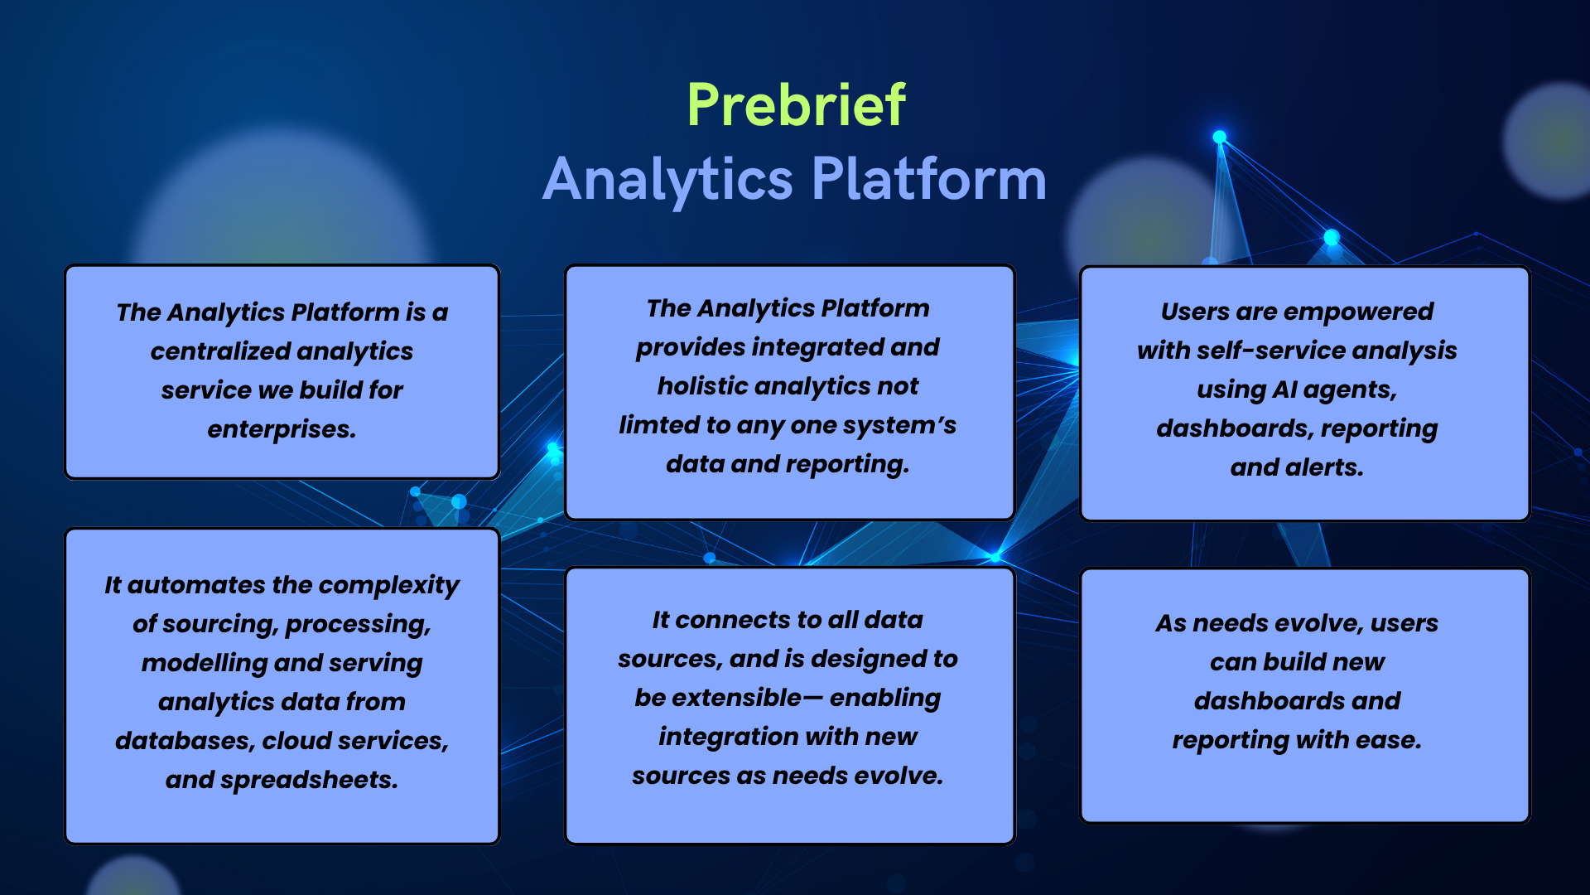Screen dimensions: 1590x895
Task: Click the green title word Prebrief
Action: pos(796,105)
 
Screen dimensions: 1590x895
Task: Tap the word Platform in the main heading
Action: pos(929,179)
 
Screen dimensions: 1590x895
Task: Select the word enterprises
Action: pos(282,430)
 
